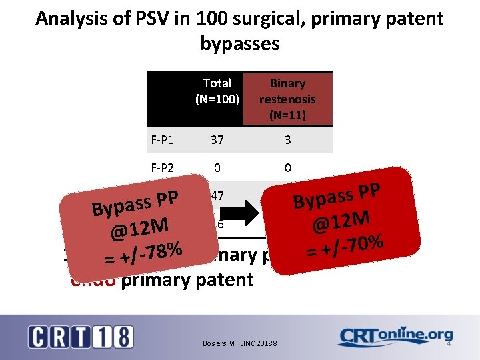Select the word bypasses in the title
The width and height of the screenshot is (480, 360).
239,43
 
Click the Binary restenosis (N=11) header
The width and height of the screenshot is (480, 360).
287,99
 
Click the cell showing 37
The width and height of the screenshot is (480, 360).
217,140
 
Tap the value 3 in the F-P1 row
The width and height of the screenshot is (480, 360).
287,140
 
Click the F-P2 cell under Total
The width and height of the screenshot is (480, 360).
217,168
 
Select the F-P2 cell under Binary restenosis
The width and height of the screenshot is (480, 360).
287,168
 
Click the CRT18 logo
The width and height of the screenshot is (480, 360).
81,336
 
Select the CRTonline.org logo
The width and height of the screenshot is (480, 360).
395,337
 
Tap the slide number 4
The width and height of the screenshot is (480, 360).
449,343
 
